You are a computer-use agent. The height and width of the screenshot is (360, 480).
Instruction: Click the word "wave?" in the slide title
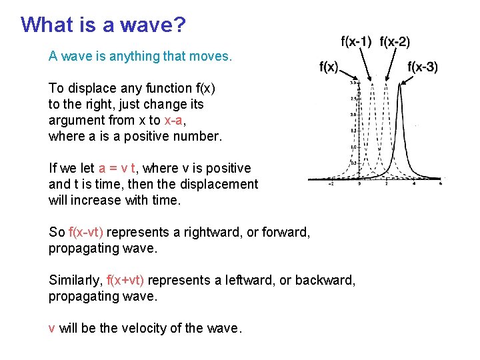(x=155, y=25)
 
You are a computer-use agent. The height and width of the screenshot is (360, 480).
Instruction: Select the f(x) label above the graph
(x=329, y=67)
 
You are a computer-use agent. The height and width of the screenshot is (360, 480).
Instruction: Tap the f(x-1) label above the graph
(x=356, y=42)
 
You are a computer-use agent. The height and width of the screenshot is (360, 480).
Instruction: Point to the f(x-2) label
(x=395, y=42)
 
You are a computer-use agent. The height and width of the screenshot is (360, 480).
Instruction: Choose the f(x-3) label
(x=423, y=67)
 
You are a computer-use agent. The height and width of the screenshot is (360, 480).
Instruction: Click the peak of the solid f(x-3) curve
(x=400, y=85)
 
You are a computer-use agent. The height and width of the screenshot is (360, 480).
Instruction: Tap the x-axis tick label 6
(x=441, y=185)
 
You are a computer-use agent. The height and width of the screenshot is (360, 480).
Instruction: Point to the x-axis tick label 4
(x=414, y=185)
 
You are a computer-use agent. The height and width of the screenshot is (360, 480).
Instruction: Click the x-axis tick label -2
(x=331, y=185)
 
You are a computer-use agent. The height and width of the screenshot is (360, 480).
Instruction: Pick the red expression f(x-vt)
(x=86, y=232)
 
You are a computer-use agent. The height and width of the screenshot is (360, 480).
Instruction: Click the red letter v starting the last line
(x=52, y=328)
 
